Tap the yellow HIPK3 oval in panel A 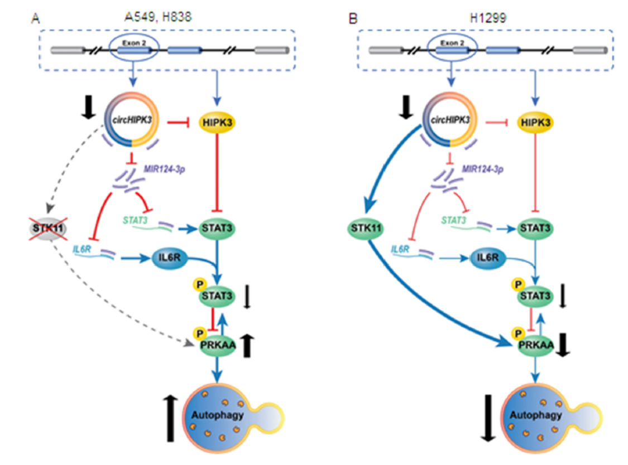point(219,122)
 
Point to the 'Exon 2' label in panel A point(130,42)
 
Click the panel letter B point(353,19)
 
